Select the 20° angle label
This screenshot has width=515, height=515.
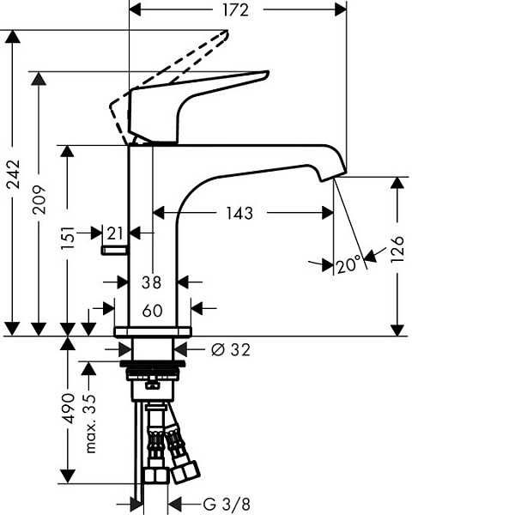[x=348, y=266]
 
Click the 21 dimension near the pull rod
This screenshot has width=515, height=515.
[x=114, y=233]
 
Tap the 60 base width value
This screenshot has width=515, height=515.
[x=153, y=310]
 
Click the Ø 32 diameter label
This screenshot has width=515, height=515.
[x=229, y=349]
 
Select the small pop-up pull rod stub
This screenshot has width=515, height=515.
[x=113, y=250]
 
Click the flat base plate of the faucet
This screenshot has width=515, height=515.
[x=153, y=331]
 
